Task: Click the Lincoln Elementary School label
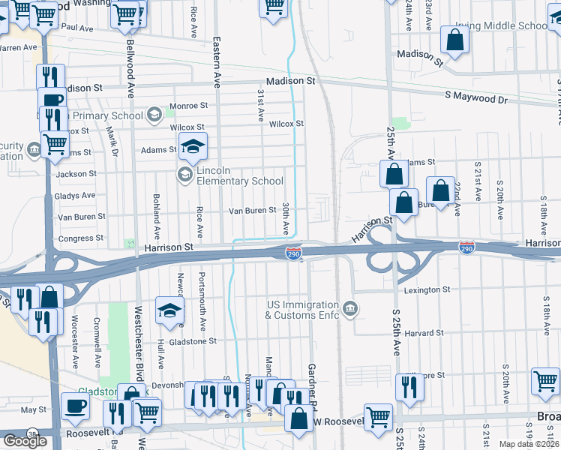click(x=239, y=175)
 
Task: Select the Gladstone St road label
click(x=190, y=340)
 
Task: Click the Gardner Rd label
click(x=311, y=390)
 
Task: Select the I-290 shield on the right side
click(x=466, y=247)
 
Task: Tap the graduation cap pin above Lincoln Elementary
click(x=193, y=146)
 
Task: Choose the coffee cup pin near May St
click(x=76, y=406)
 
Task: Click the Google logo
click(x=25, y=441)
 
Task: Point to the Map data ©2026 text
click(x=529, y=444)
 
